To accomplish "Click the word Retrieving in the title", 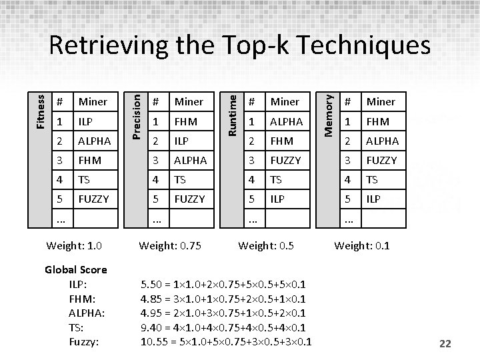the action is point(109,45).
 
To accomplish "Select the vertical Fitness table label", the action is point(41,112).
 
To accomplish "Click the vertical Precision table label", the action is point(136,117).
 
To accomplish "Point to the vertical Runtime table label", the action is point(233,115).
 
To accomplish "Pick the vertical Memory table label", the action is point(328,116).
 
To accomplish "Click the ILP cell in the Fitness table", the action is point(85,121).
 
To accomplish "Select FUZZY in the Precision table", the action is point(189,199).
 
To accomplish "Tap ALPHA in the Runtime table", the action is point(287,121).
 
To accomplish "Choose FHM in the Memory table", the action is point(378,121).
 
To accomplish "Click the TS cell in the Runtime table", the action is point(276,180).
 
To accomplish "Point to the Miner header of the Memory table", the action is point(381,101).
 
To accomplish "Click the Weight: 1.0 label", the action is point(74,245).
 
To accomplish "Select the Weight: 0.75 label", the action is point(170,245).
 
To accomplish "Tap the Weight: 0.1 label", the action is point(362,245).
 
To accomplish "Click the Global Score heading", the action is point(76,270).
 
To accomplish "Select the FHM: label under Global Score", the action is point(83,299).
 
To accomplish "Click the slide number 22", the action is point(445,343).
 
